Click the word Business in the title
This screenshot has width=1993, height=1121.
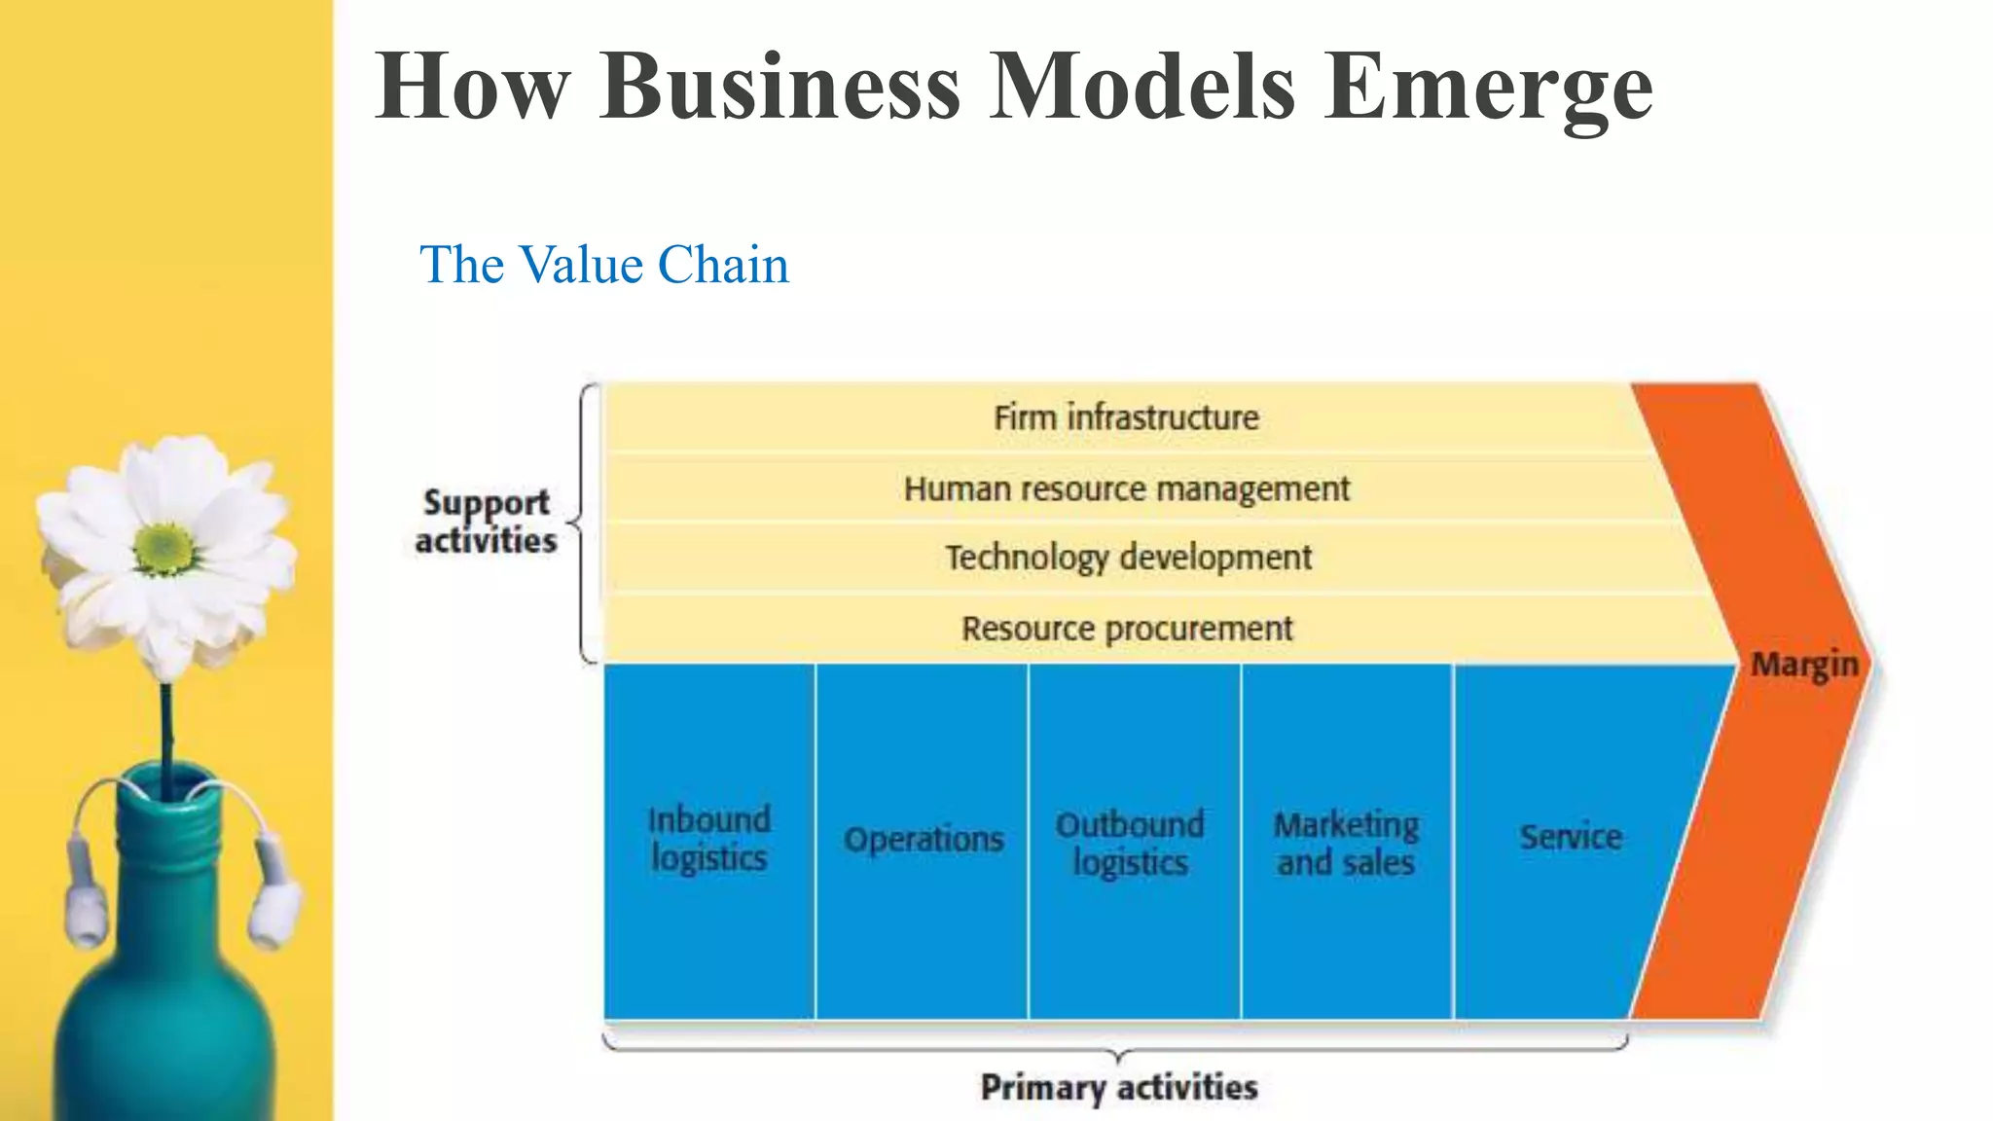tap(780, 88)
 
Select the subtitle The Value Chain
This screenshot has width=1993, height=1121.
tap(603, 265)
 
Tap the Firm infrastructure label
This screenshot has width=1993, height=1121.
tap(1126, 417)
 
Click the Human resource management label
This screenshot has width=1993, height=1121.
tap(1126, 488)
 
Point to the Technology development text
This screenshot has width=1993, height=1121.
tap(1128, 558)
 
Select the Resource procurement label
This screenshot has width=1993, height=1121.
tap(1127, 629)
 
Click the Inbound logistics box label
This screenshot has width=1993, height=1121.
tap(708, 839)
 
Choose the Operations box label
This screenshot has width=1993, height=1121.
tap(923, 839)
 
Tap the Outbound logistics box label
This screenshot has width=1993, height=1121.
tap(1130, 843)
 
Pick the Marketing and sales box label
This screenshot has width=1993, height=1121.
tap(1346, 843)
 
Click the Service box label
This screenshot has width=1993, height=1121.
tap(1571, 837)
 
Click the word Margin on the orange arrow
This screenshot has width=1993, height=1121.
tap(1804, 666)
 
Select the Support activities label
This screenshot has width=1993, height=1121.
tap(486, 522)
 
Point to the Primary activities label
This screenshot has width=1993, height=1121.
tap(1118, 1087)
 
